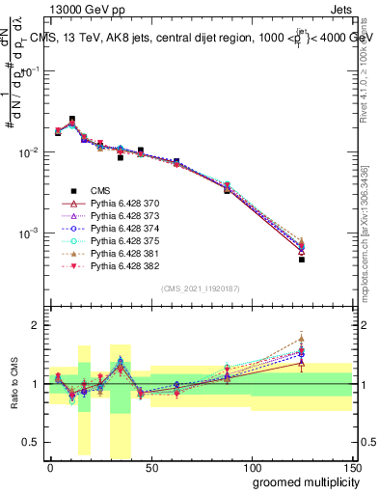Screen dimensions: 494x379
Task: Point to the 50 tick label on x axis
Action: pyautogui.click(x=150, y=467)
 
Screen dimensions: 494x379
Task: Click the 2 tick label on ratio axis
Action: pyautogui.click(x=35, y=325)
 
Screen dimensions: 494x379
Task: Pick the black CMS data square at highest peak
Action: pyautogui.click(x=72, y=120)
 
